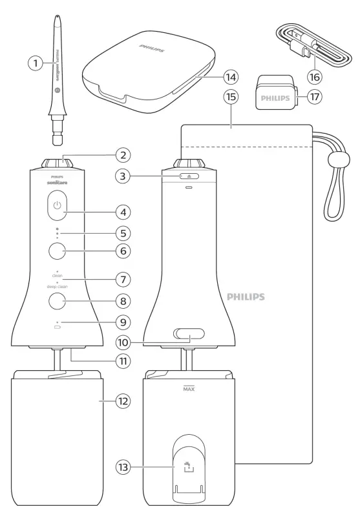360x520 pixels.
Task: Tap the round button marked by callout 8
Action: (x=58, y=300)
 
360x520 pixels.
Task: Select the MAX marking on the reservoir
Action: (x=188, y=390)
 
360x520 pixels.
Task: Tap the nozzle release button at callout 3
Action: (x=188, y=175)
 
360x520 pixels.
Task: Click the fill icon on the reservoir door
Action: (x=188, y=465)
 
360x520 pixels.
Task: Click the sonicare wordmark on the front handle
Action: (x=58, y=183)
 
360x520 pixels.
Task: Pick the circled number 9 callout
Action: (x=120, y=321)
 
